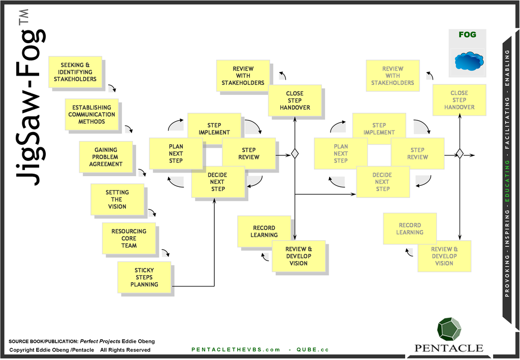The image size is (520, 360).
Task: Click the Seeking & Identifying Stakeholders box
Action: (x=75, y=72)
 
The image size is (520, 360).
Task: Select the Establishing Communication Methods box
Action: (x=92, y=115)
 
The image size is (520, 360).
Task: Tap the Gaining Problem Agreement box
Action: (x=106, y=157)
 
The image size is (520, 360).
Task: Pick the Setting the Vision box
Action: (x=117, y=200)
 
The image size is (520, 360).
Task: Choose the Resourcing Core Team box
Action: (x=129, y=238)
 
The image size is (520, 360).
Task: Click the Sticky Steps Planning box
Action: (x=144, y=277)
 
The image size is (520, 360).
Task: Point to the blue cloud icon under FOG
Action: (x=469, y=61)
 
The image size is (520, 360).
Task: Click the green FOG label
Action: (x=467, y=35)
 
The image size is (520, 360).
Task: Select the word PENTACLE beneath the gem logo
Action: (x=449, y=348)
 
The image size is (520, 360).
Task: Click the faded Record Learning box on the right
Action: (x=410, y=229)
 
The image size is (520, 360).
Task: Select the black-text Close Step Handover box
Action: (x=295, y=101)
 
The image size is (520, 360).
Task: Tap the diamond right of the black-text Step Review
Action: (x=295, y=153)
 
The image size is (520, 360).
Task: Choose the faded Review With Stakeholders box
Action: (x=393, y=76)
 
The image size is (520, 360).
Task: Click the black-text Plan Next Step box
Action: (x=176, y=154)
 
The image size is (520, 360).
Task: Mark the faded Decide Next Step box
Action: (x=382, y=182)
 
